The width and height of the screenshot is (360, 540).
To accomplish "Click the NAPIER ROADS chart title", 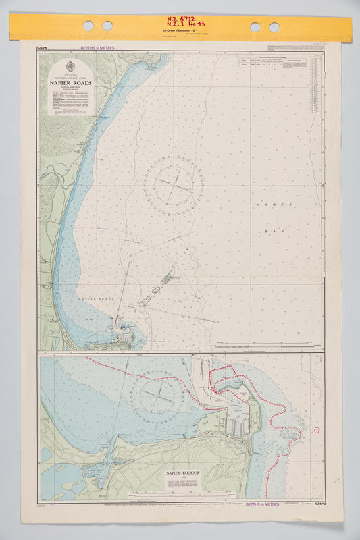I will click(x=71, y=84).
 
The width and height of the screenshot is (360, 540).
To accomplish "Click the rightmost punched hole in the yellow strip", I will click(x=274, y=26).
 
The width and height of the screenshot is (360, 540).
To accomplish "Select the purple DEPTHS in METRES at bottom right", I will click(x=263, y=504).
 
